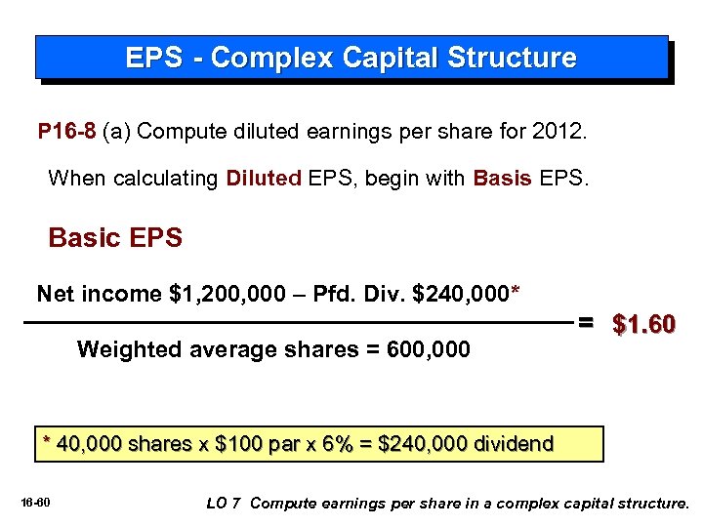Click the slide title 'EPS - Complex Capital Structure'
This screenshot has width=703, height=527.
click(x=351, y=58)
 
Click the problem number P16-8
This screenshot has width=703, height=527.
click(x=66, y=132)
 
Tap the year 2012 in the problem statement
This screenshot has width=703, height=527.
click(x=560, y=132)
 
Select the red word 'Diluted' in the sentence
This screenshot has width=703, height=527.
click(x=263, y=178)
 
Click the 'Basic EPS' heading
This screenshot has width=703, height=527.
click(x=115, y=238)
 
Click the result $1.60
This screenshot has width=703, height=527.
click(x=643, y=324)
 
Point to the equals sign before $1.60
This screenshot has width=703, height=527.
click(x=585, y=321)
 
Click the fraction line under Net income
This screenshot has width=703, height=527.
click(x=293, y=321)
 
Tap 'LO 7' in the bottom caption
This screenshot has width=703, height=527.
click(x=224, y=504)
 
